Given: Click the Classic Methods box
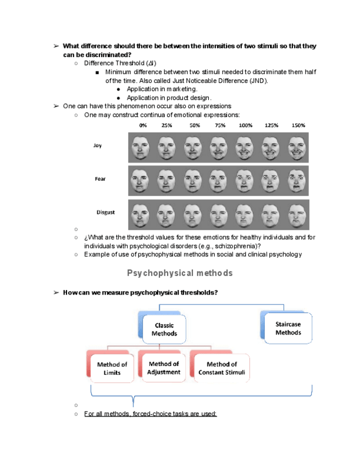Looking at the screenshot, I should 164,330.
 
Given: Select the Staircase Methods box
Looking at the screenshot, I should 288,329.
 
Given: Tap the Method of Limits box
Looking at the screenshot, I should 112,368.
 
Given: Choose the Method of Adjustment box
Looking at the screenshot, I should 164,368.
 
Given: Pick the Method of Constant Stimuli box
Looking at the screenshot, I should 221,368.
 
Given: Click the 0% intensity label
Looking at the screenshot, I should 143,125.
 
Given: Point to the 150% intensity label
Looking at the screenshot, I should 298,125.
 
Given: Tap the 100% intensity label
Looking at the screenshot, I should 246,125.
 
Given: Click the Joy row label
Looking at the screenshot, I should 97,146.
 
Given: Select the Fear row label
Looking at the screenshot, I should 100,179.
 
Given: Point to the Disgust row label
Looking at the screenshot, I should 106,212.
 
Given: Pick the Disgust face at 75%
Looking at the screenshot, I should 219,214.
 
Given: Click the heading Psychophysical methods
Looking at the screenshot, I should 180,273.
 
